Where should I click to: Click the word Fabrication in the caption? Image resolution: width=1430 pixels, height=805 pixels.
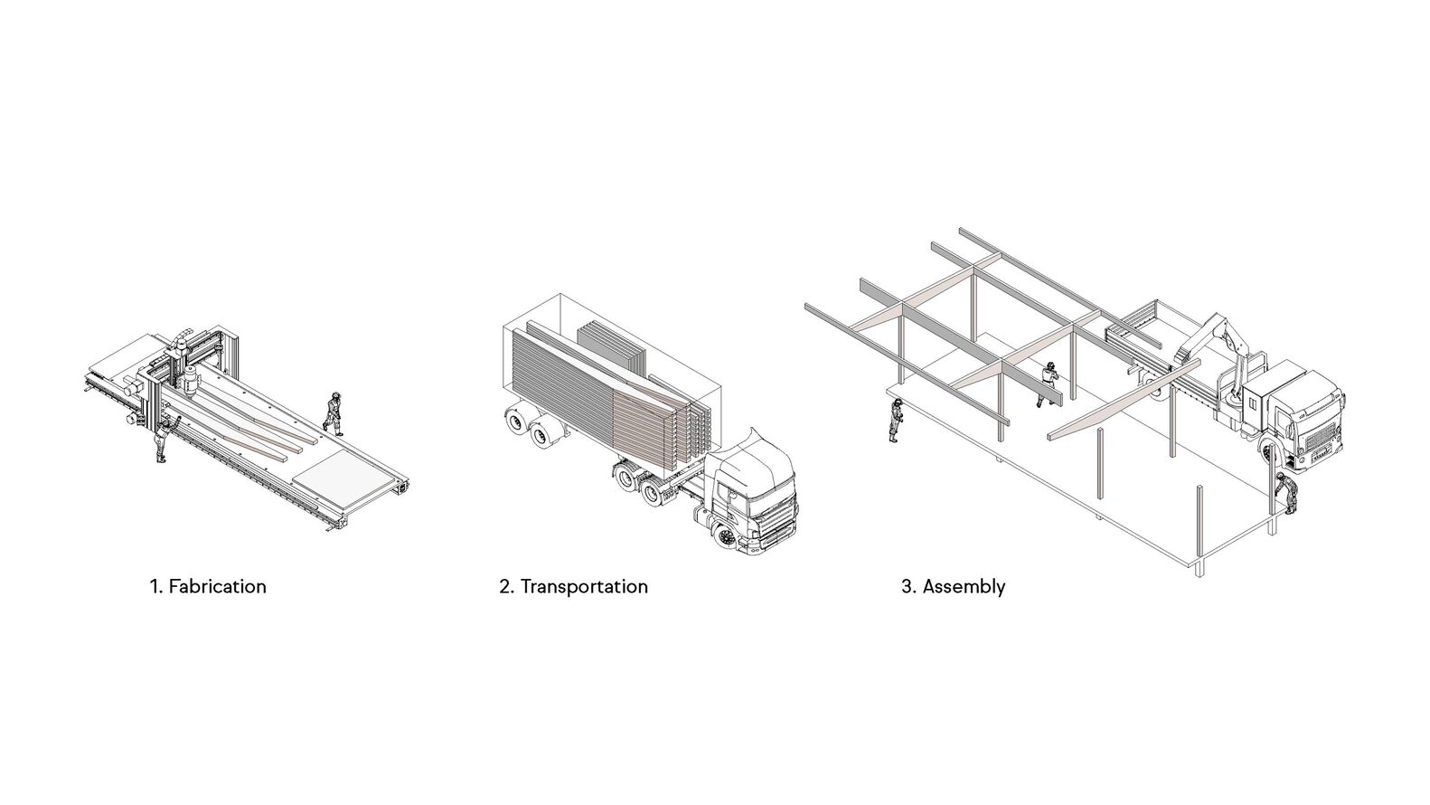(x=217, y=586)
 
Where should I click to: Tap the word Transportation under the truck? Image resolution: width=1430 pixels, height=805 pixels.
(x=584, y=586)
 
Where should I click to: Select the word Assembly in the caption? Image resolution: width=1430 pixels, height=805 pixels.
(x=964, y=587)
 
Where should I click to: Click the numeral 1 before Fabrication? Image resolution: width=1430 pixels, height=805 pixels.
(x=154, y=586)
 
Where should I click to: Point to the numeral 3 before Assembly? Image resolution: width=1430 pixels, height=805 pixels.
(x=907, y=586)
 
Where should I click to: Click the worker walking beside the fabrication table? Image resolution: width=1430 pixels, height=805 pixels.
(x=333, y=414)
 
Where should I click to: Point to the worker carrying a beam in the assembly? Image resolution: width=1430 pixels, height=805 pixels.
(x=1048, y=384)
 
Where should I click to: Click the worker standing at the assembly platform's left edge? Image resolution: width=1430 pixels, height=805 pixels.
(x=897, y=420)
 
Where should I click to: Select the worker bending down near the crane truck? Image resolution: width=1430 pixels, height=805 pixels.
(x=1287, y=493)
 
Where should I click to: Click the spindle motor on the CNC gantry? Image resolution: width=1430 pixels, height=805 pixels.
(x=189, y=382)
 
